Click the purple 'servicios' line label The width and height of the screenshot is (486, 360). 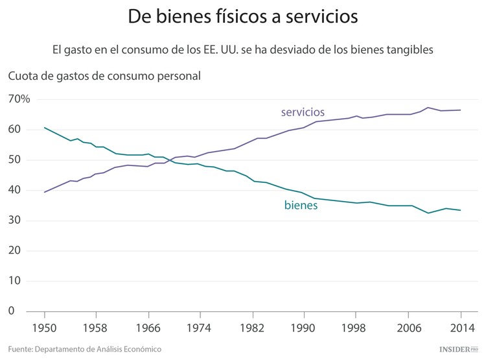point(303,112)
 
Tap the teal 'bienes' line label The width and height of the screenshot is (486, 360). point(301,206)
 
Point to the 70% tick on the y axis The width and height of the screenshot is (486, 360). point(19,99)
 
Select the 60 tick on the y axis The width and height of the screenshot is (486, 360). point(15,130)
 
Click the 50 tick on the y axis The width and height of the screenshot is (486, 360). point(15,160)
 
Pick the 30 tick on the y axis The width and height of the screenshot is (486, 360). point(15,221)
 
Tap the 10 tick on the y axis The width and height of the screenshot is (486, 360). point(15,282)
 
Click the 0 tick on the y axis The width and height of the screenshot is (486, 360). point(11,311)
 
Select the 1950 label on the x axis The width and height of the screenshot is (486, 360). point(44,328)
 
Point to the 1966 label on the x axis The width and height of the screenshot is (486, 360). point(148,328)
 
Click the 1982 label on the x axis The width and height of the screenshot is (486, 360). point(252,328)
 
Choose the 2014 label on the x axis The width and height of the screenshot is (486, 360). point(460,328)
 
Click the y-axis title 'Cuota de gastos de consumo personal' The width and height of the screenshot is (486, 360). point(104,75)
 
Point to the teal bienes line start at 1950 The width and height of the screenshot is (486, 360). point(44,128)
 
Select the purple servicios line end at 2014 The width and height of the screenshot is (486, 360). point(460,110)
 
